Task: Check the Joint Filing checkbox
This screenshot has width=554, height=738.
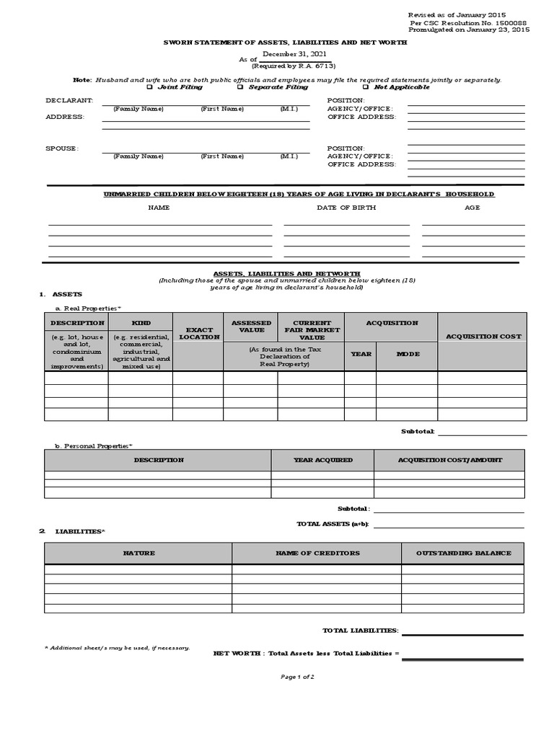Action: tap(149, 87)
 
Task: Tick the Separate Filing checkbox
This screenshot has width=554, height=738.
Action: tap(240, 87)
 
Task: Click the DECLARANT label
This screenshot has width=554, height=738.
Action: tap(69, 100)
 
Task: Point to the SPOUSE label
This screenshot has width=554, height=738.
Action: tap(62, 148)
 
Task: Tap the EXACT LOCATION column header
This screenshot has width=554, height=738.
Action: tap(199, 333)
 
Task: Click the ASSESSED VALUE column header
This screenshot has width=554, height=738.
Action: tap(250, 326)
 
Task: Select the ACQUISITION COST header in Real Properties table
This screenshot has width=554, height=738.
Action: tap(483, 337)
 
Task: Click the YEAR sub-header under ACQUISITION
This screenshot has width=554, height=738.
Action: tap(361, 354)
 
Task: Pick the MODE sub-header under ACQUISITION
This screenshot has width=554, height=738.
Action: tap(407, 354)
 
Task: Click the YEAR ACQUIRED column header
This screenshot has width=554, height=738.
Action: tap(322, 460)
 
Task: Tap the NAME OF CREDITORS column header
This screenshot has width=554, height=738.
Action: tap(317, 553)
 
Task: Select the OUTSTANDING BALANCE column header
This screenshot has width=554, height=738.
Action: tap(463, 553)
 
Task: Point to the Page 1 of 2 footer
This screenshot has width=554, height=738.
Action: tap(297, 677)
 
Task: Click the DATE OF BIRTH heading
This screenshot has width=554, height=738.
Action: tap(346, 208)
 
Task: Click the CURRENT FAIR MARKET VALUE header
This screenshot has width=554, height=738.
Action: tap(312, 330)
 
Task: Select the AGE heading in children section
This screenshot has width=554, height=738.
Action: tap(472, 208)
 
